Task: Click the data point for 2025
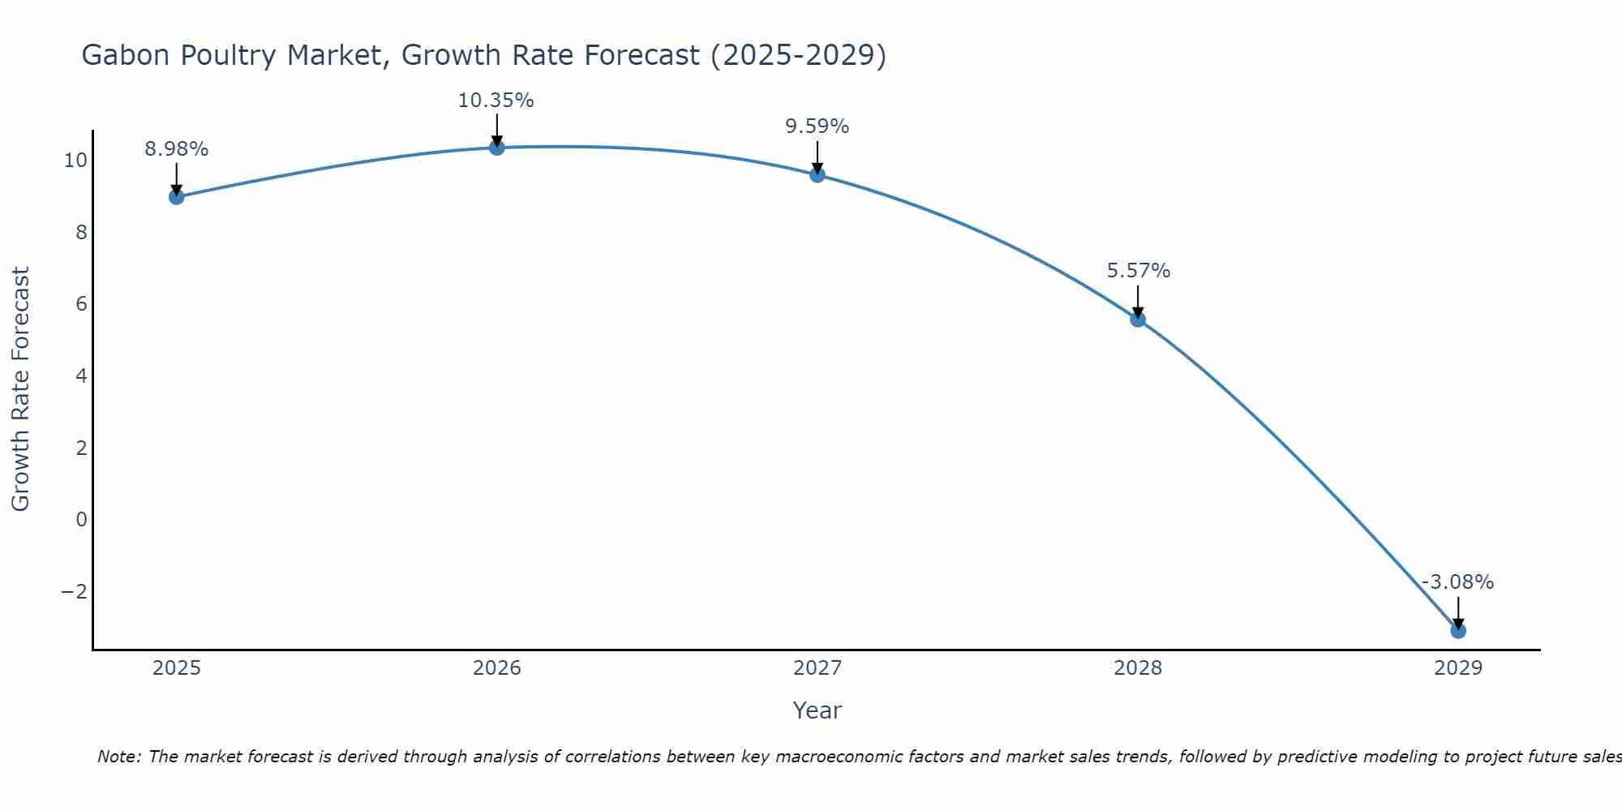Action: point(177,196)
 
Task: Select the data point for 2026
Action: point(497,147)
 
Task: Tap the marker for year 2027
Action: point(817,174)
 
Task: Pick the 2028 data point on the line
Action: point(1138,319)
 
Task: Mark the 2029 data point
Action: point(1458,630)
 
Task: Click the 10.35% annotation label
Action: point(496,101)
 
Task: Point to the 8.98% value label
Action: point(176,149)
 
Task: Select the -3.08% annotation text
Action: point(1457,582)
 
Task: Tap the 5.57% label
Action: point(1139,271)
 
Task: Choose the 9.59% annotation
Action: point(817,127)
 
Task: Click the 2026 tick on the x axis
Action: point(497,668)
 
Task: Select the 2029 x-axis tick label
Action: point(1458,668)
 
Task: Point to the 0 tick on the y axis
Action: point(81,519)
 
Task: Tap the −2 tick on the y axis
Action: point(75,591)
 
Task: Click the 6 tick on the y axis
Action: point(81,304)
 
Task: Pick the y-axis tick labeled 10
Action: point(75,161)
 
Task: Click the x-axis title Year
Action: point(817,710)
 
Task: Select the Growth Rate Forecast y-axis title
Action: point(20,388)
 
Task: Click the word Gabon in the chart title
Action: point(126,55)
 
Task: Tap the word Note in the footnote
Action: point(118,757)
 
